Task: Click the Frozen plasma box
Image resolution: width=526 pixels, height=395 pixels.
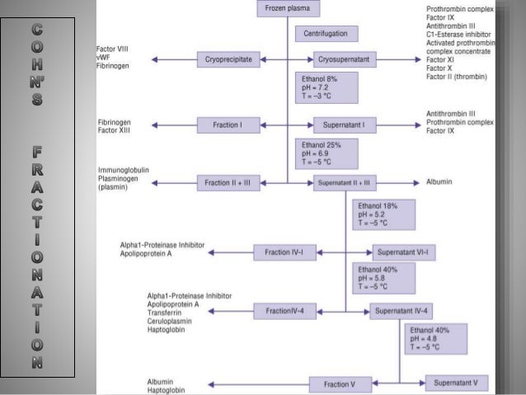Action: tap(289, 9)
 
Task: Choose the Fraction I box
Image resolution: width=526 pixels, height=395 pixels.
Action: tap(229, 125)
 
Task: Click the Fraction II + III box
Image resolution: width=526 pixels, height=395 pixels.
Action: tap(229, 182)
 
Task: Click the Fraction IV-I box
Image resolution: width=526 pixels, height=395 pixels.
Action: tap(284, 252)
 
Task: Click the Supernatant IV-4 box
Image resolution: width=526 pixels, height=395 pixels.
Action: tap(401, 311)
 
